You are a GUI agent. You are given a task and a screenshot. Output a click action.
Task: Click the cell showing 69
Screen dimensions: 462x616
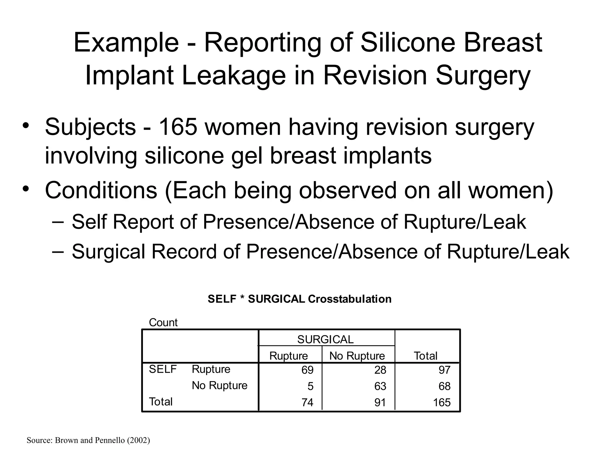click(307, 370)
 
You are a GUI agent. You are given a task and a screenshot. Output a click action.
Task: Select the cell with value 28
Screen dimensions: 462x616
click(380, 370)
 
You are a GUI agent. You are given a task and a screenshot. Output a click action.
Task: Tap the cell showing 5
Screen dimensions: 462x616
click(310, 386)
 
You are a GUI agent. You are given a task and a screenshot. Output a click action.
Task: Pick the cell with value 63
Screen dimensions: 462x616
click(380, 386)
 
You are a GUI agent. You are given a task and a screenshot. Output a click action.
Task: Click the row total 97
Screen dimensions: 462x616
click(444, 370)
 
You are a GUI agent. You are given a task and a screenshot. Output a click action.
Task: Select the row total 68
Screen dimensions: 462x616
click(444, 386)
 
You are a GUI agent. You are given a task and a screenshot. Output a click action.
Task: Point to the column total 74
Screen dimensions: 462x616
click(307, 402)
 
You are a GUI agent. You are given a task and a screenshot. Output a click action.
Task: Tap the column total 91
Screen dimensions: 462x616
click(380, 402)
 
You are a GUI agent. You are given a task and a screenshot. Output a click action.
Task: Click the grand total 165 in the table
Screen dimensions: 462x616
click(442, 402)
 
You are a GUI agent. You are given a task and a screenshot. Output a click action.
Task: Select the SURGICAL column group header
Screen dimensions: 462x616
click(325, 340)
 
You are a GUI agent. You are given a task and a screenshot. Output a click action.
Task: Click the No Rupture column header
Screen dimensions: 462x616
click(357, 356)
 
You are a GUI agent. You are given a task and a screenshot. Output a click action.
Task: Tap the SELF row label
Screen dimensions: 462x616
click(163, 369)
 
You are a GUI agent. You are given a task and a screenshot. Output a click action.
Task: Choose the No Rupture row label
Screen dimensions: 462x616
click(220, 386)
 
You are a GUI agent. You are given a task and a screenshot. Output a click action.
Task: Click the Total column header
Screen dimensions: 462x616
click(425, 356)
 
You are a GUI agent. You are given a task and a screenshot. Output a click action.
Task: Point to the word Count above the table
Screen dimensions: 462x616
click(163, 323)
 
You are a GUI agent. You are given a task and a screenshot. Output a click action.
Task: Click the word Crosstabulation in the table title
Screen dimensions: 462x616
click(350, 299)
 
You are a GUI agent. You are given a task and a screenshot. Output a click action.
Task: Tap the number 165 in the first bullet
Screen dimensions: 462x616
click(178, 127)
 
